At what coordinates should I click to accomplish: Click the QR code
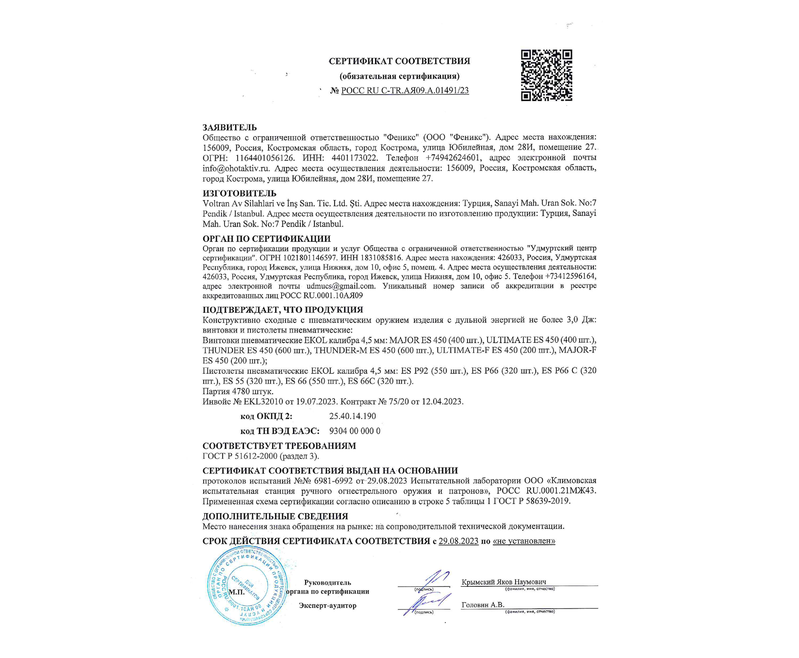click(546, 75)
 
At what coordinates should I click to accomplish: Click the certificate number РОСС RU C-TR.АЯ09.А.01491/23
click(405, 91)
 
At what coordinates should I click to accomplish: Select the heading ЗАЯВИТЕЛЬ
click(230, 127)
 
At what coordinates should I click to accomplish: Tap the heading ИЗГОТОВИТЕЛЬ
click(239, 193)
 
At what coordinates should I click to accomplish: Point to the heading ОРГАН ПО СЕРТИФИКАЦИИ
click(266, 239)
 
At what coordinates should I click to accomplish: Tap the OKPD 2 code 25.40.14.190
click(352, 416)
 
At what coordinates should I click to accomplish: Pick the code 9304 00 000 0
click(354, 431)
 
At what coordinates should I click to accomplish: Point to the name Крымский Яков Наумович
click(504, 582)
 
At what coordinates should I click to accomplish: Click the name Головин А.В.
click(482, 605)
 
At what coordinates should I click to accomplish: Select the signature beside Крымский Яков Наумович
click(435, 579)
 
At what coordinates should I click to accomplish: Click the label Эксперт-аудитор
click(327, 606)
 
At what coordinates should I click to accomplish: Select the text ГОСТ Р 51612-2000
click(240, 456)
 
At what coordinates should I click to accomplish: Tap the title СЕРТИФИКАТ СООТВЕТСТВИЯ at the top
click(399, 61)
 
